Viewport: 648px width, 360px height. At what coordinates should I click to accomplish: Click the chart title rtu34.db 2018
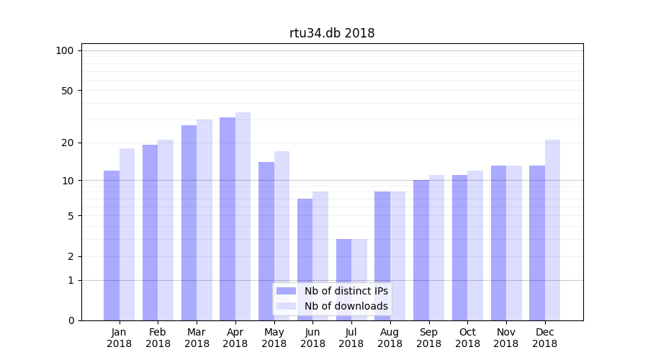coord(332,33)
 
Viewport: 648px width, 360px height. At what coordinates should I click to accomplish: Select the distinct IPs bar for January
coord(112,245)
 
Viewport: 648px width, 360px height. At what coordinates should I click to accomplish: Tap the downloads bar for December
coord(552,230)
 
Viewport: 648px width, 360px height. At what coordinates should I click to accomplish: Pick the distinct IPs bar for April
coord(228,219)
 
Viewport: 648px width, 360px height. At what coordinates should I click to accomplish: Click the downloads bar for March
coord(204,220)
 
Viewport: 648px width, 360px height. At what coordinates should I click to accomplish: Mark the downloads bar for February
coord(166,230)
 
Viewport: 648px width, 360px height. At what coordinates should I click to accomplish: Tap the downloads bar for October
coord(475,246)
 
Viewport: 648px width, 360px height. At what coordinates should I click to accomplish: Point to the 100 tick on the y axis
coord(65,50)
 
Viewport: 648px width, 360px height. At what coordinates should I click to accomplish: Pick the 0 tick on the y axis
coord(71,320)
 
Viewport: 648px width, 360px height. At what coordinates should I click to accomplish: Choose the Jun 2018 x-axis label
coord(312,338)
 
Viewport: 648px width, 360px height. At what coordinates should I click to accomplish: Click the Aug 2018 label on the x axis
coord(390,338)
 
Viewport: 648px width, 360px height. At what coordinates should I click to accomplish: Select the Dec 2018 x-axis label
coord(544,338)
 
